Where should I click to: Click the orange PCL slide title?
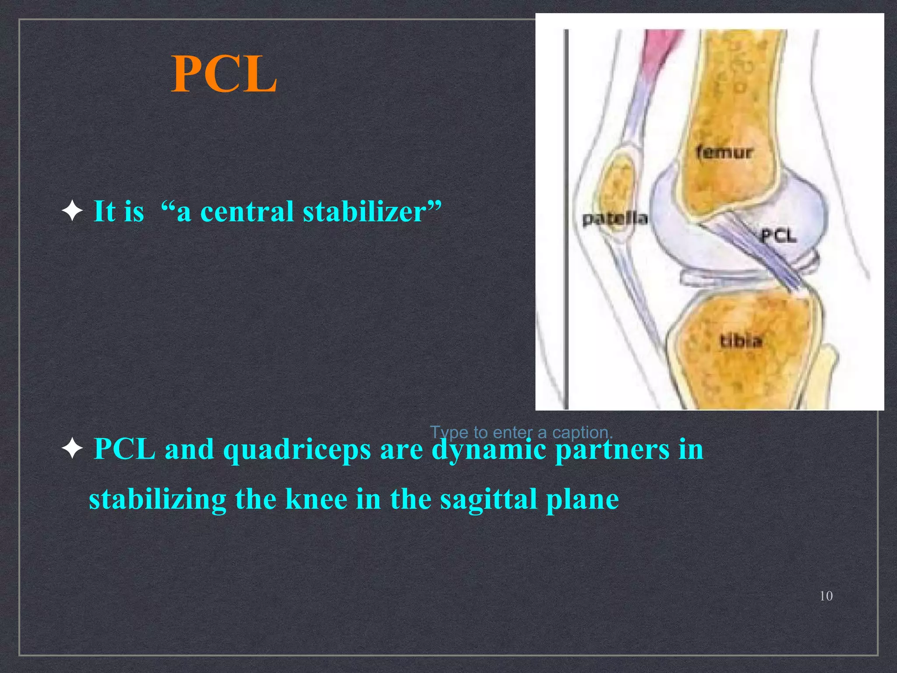(224, 75)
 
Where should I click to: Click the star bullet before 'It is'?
(72, 212)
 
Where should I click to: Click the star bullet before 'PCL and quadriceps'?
(72, 449)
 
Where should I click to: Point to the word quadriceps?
(297, 450)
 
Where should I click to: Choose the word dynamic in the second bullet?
(488, 450)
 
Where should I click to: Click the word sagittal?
(488, 499)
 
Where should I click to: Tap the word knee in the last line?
(316, 499)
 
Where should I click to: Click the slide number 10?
(826, 596)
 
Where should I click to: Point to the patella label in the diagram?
(614, 218)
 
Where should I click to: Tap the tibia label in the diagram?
(741, 340)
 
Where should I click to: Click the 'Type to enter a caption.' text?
(521, 432)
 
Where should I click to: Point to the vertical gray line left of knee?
(566, 219)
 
